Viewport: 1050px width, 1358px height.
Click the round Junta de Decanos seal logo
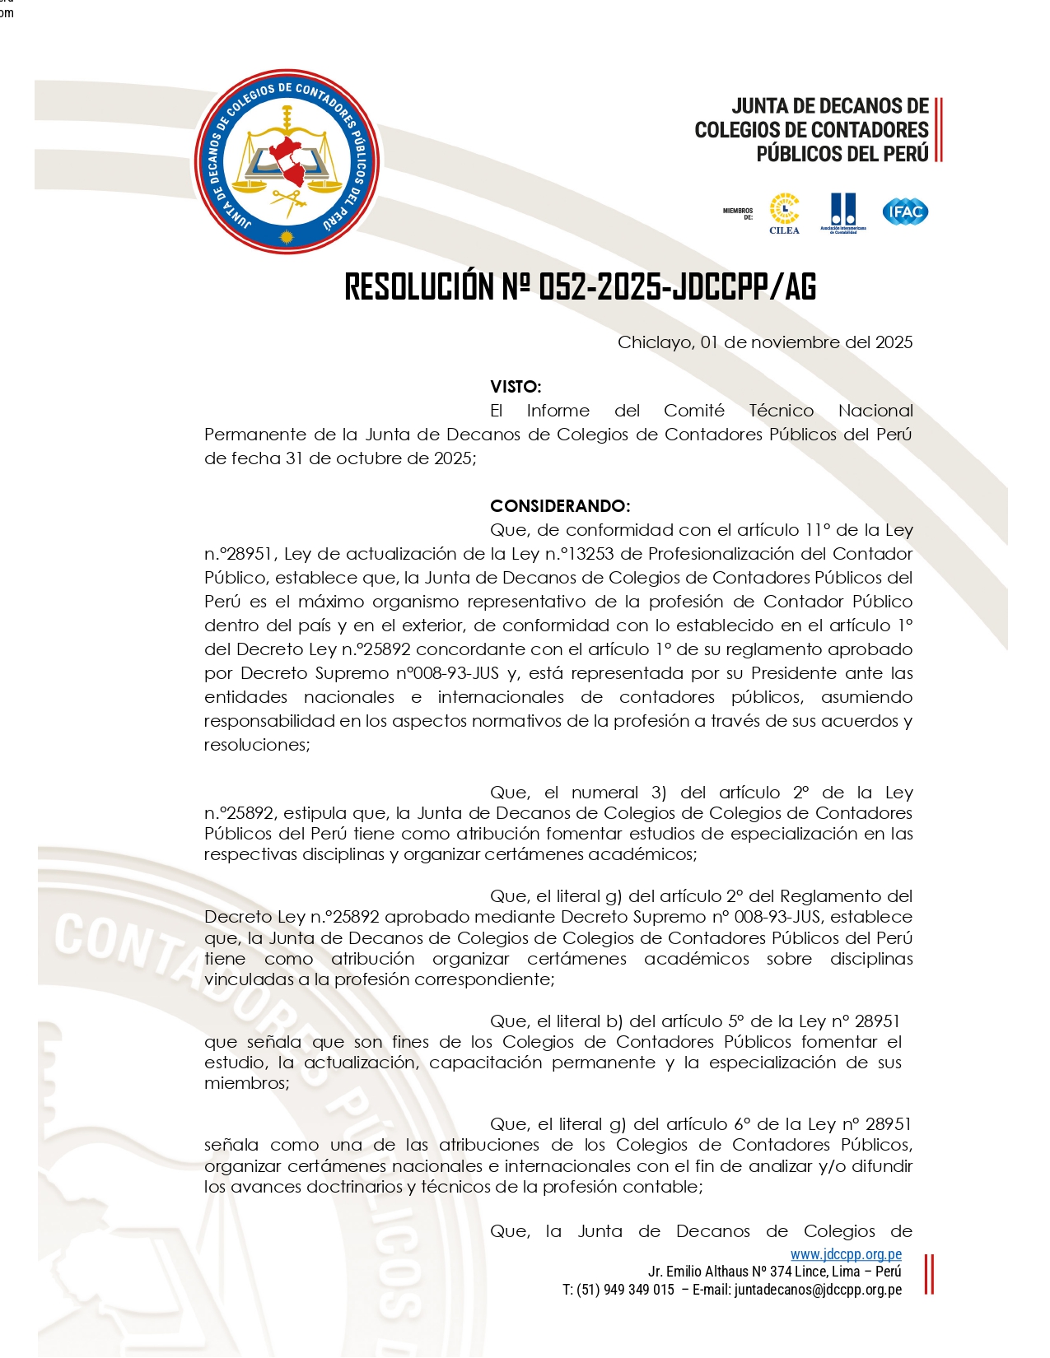coord(287,162)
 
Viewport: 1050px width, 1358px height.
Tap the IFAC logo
coord(905,212)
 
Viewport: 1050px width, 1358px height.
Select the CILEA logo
coord(784,213)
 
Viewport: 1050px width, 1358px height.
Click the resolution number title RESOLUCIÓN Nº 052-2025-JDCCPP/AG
coord(580,287)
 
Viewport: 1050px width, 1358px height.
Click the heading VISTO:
coord(516,387)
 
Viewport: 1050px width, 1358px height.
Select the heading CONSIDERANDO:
coord(560,506)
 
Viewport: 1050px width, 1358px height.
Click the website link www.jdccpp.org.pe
coord(846,1255)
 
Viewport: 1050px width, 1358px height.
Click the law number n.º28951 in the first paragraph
coord(238,554)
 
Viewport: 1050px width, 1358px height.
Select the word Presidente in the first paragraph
coord(795,673)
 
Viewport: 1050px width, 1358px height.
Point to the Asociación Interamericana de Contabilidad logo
coord(843,213)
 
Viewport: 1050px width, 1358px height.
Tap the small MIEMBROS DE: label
coord(738,213)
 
